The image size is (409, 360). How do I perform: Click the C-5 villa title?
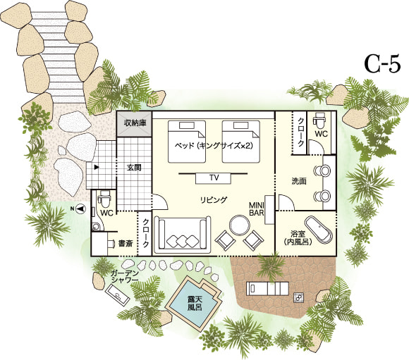pos(383,65)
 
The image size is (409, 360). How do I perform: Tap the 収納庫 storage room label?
pos(135,123)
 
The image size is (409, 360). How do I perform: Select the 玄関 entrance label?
pos(134,168)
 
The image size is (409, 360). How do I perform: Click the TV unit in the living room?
pos(214,178)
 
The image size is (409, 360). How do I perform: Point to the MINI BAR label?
pos(257,209)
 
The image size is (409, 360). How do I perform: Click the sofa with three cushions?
pos(182,235)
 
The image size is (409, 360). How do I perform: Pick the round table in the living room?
pos(239,224)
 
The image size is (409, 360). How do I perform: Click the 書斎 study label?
pos(126,244)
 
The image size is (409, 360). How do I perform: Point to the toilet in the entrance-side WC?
pos(104,199)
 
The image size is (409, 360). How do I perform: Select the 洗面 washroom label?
pos(299,181)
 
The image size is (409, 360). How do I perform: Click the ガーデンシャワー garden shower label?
pos(125,276)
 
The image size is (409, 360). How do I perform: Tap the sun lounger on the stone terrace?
pos(267,289)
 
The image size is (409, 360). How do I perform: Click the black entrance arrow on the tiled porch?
pos(97,167)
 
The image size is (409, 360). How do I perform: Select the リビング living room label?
pos(214,200)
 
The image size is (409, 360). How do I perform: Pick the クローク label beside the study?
pos(146,232)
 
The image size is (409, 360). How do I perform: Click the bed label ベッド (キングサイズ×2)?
pos(214,145)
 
